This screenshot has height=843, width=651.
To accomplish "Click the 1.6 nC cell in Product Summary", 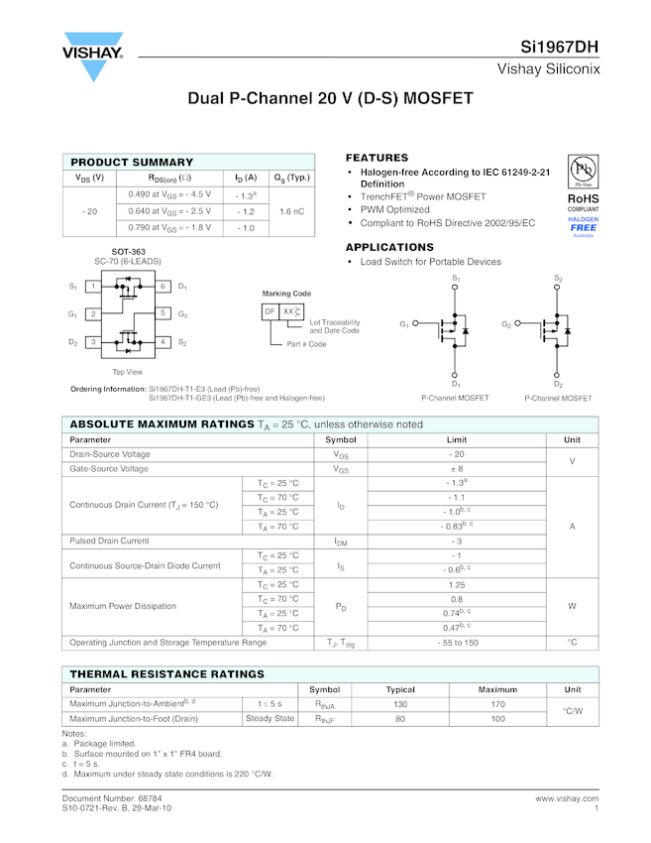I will pos(291,211).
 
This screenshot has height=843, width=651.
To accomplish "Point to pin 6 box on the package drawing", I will pos(163,287).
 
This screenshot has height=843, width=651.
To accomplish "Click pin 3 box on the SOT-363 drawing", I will pos(92,342).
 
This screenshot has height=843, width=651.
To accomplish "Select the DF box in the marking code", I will pos(270,311).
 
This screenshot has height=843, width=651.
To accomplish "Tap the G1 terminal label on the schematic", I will pos(404,324).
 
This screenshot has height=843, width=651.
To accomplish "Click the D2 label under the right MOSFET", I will pos(558,384).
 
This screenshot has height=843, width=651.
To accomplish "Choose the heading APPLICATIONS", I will pos(389,247).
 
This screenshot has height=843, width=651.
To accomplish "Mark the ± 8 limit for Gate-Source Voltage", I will pos(457,468).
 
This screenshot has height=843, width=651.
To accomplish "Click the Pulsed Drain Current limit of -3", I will pos(457,542).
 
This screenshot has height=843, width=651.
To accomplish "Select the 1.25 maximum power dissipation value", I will pos(457,584).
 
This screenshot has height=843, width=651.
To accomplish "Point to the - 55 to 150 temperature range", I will pos(457,643).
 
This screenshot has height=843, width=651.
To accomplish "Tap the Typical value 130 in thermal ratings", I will pos(400,704).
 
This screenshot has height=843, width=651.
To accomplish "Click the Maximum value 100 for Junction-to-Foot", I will pos(497,719).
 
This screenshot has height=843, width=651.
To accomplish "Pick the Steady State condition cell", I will pos(270,719).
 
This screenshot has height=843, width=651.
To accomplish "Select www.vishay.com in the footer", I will pos(567,797).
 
